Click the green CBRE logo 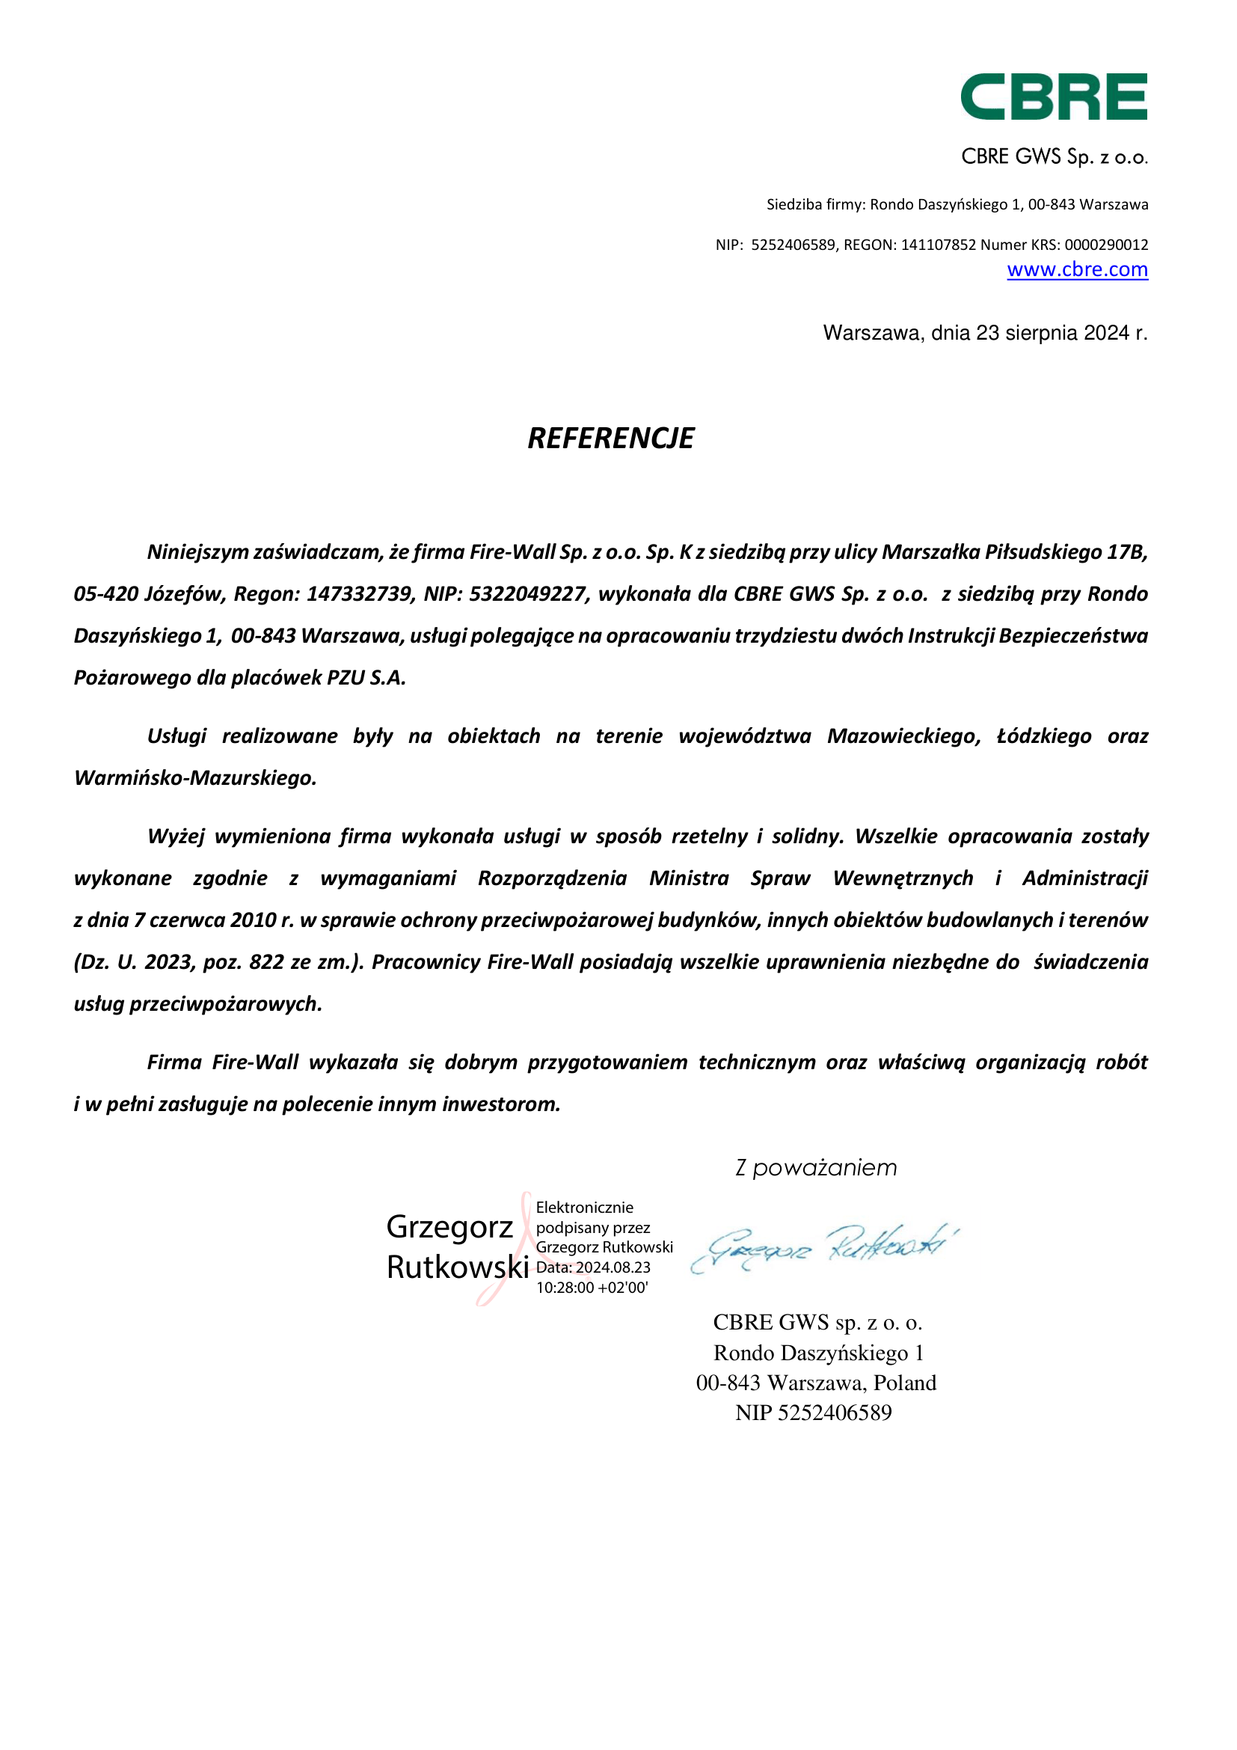[1054, 97]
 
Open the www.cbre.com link [1077, 270]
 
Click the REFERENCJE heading [611, 438]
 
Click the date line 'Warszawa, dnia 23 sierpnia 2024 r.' [985, 333]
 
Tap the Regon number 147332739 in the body [359, 594]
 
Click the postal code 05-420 [106, 594]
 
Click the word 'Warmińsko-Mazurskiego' [195, 778]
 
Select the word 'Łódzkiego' [1043, 736]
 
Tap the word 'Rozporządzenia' [552, 878]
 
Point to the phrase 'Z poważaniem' [816, 1168]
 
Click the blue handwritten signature [823, 1248]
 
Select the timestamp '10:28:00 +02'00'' [592, 1288]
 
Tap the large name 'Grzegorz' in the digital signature [449, 1227]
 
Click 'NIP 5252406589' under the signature [814, 1413]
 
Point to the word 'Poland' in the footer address [905, 1383]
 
